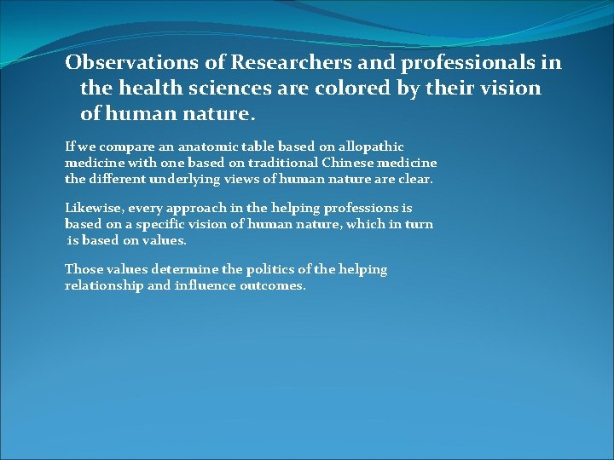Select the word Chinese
tap(340, 163)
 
